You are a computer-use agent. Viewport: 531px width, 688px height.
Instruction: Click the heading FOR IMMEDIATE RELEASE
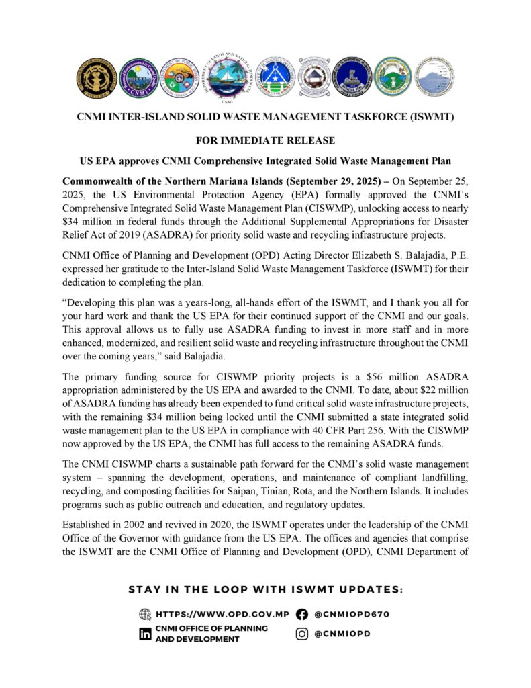point(265,142)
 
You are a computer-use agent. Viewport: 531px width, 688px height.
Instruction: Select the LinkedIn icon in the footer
point(144,634)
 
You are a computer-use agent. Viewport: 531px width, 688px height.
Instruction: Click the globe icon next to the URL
point(144,614)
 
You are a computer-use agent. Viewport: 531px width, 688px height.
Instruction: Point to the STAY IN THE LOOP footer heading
point(265,589)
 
